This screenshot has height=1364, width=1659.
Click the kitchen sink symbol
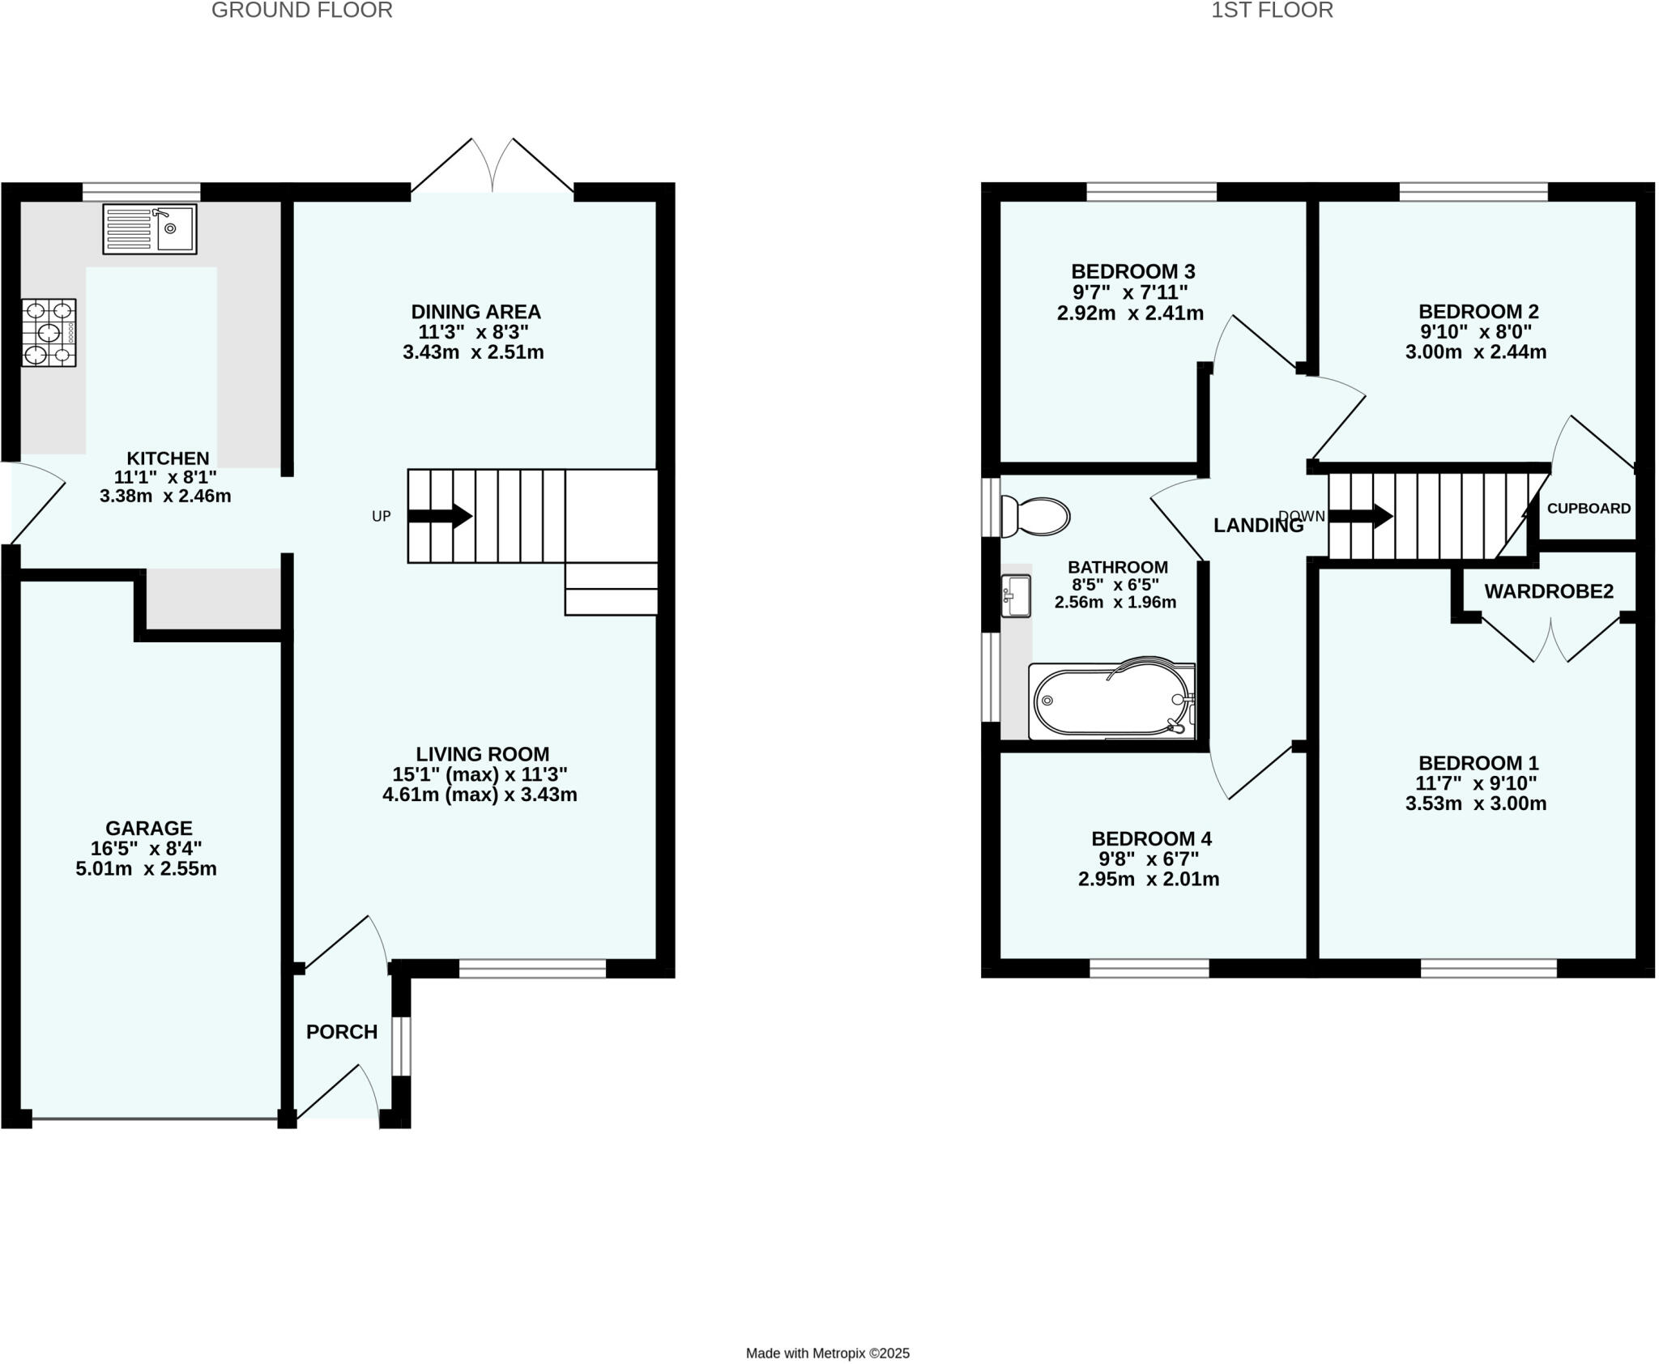(150, 229)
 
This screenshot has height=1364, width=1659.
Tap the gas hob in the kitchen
(49, 333)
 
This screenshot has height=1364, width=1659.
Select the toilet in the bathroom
(1035, 516)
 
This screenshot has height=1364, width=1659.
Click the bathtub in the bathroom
(1111, 701)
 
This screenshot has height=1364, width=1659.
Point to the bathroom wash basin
(1016, 595)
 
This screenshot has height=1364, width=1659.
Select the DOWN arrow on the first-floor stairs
(1360, 516)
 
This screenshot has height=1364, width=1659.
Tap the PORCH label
(342, 1032)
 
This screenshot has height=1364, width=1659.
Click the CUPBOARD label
(1589, 509)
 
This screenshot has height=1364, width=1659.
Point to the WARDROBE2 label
(1548, 591)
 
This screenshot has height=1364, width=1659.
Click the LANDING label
(1258, 526)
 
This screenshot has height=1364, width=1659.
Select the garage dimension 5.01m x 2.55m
(147, 869)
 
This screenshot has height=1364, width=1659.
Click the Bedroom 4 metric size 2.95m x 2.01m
(1148, 879)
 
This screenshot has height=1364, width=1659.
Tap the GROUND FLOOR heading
(301, 11)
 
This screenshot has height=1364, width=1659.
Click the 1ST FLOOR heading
(1271, 11)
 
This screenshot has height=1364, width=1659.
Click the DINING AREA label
(476, 312)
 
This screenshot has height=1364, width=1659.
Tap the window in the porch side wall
(401, 1046)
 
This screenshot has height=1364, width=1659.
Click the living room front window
(532, 968)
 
